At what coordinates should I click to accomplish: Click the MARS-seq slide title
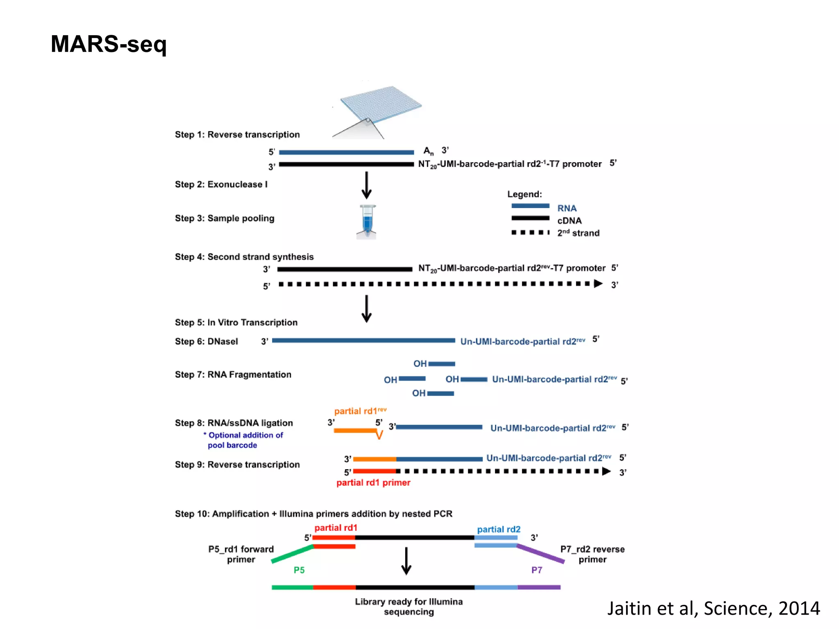pos(109,44)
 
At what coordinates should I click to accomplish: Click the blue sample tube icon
pos(367,222)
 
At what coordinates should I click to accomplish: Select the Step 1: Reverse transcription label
pos(237,135)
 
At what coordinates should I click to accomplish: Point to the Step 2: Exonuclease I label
pos(221,184)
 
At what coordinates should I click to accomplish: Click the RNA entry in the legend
pos(567,208)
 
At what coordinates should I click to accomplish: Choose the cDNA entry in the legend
pos(569,221)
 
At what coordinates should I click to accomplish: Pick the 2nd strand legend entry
pos(578,233)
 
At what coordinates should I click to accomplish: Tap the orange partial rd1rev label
pos(360,411)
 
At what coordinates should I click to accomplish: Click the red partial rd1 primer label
pos(373,483)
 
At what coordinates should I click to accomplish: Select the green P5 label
pos(299,570)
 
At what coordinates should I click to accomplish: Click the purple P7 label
pos(537,570)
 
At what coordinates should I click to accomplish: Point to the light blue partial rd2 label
pos(499,529)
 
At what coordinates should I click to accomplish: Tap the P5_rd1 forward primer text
pos(241,554)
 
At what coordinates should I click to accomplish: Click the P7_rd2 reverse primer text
pos(592,554)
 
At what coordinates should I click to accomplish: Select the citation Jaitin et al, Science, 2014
pos(713,608)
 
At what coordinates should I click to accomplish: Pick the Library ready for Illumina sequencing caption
pos(408,606)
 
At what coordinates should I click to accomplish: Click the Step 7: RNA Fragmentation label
pos(233,375)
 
